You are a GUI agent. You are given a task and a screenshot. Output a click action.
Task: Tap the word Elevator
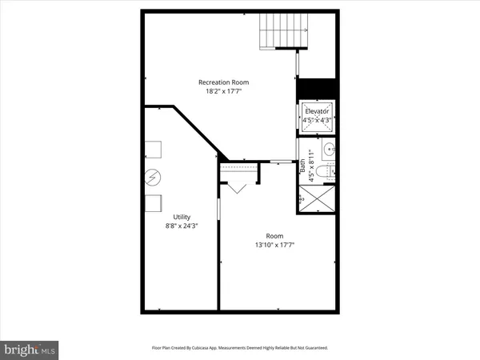pos(318,111)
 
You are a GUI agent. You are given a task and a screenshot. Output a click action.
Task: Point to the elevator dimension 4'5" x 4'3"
pos(318,121)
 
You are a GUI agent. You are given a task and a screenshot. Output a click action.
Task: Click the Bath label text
pos(302,167)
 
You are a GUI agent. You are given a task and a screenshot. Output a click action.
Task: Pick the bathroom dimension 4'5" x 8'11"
pos(312,167)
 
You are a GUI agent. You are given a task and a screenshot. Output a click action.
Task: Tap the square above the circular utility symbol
pos(154,150)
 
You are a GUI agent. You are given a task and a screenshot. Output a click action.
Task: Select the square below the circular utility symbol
pos(154,202)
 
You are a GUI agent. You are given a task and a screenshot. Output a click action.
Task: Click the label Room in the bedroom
pos(274,235)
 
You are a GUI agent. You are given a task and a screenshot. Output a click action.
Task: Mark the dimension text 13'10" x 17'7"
pos(274,246)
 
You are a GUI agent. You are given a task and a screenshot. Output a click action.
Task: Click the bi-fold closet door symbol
pos(238,188)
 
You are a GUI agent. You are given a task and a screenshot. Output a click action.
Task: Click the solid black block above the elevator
pos(318,88)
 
